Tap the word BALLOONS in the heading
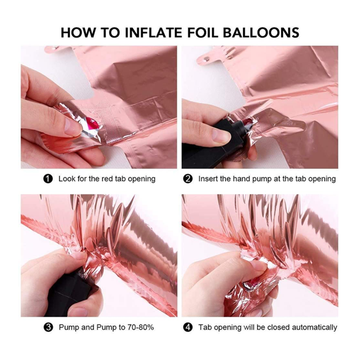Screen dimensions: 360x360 261,32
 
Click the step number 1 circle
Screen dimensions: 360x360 48,179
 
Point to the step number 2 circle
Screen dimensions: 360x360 188,179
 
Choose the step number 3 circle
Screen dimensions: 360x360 48,327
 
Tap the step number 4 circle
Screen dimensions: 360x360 188,327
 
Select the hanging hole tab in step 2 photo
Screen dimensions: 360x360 206,58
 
